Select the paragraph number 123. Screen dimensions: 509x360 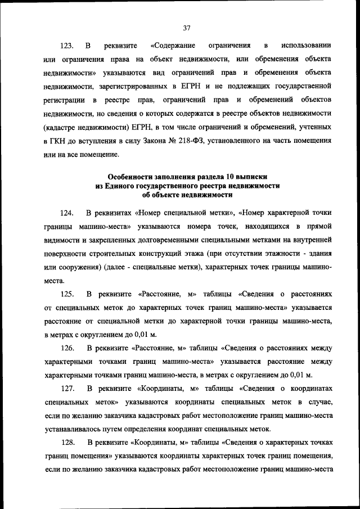[67, 44]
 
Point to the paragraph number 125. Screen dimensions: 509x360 [67, 294]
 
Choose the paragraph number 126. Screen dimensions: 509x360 [67, 348]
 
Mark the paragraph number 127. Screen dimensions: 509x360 [67, 389]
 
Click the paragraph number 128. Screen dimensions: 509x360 [67, 443]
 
